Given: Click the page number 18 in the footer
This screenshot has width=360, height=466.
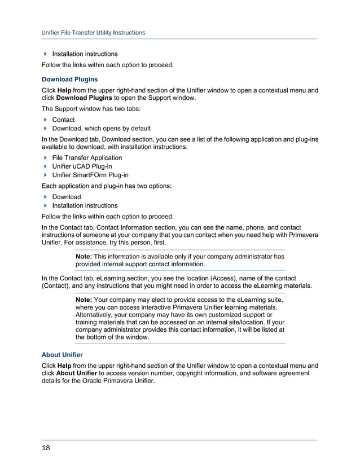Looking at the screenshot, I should pos(46,448).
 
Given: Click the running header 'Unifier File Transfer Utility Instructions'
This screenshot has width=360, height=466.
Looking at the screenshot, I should pos(93,33).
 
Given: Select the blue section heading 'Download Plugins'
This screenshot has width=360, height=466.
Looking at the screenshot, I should pos(69,80).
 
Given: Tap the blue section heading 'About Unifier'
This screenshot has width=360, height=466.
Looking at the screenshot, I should pos(62,355).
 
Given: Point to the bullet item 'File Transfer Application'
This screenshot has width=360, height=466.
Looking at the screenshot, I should pos(87,158).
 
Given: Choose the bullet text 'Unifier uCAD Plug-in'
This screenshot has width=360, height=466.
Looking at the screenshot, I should pos(82,166).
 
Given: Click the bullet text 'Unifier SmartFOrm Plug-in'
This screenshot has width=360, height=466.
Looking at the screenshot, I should pos(90,175).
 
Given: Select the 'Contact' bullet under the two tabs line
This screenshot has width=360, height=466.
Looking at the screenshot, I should pos(63,120).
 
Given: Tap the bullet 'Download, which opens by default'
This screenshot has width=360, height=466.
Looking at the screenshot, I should pos(101,128).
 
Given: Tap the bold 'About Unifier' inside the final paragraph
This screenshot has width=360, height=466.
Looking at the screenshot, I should pos(77,373).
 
